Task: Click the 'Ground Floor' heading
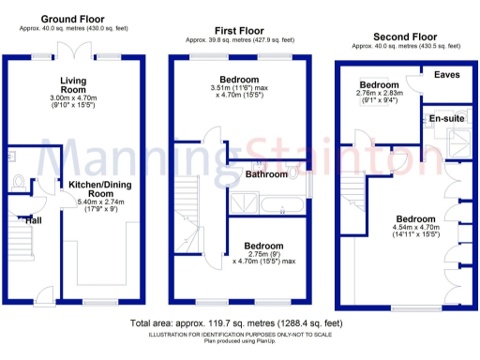click(73, 19)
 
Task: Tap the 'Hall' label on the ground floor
click(33, 219)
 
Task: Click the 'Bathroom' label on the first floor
click(267, 174)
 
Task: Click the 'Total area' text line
click(240, 324)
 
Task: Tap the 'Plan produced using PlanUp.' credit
click(240, 340)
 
